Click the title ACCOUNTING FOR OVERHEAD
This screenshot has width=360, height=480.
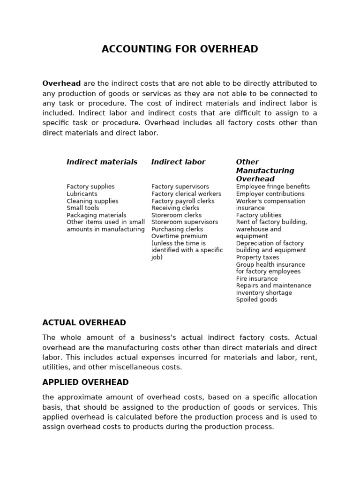point(180,49)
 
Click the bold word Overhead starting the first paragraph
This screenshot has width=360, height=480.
point(61,83)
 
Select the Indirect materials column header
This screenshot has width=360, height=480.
point(102,162)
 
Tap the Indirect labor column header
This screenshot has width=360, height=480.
point(178,162)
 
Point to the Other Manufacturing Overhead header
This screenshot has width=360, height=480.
point(265,170)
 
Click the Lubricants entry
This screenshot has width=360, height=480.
point(82,194)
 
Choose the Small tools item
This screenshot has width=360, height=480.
point(82,208)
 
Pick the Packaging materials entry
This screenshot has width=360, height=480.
point(96,215)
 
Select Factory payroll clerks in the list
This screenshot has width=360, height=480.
point(183,201)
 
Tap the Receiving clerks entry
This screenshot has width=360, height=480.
point(175,208)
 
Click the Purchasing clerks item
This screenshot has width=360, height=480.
point(177,229)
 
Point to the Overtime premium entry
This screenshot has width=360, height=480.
point(179,236)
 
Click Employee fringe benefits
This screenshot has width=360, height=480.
point(273,187)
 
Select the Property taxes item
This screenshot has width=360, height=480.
point(257,257)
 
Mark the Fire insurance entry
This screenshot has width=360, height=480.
point(257,278)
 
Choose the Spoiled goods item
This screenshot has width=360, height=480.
point(256,300)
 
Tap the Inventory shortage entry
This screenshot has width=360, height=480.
point(264,292)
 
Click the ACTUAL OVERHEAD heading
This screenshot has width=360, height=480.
point(84,322)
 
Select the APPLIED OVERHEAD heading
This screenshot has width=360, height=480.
point(85,382)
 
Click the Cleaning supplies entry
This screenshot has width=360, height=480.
point(92,201)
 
